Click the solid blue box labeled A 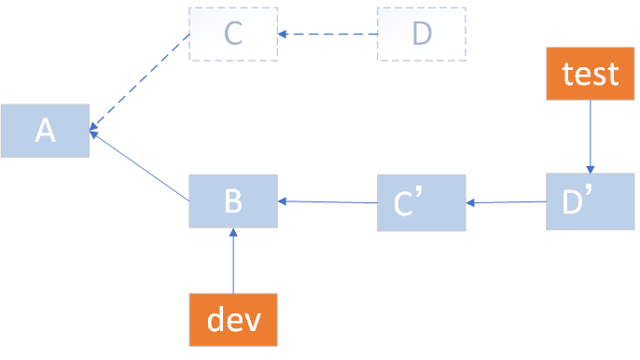(45, 131)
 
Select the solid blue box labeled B (233, 201)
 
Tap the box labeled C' (421, 202)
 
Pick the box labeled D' (590, 201)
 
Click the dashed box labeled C (233, 35)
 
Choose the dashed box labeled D (422, 35)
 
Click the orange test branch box (590, 74)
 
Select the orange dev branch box (233, 320)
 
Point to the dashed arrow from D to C (327, 35)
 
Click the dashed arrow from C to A (140, 82)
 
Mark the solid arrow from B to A (140, 166)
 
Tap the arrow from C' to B (327, 201)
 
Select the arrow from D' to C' (506, 201)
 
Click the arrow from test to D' (590, 135)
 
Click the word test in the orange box (590, 74)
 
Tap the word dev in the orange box (233, 320)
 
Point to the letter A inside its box (45, 132)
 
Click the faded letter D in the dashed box (422, 35)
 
